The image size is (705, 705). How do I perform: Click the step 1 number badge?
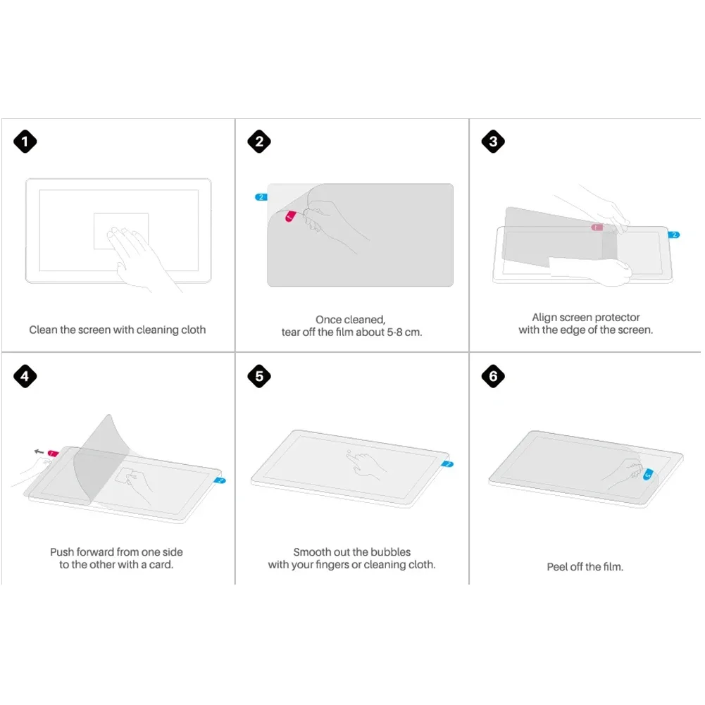25,142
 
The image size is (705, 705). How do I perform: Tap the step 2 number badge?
259,142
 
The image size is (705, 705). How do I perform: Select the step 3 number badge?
493,142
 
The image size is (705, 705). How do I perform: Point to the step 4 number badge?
25,376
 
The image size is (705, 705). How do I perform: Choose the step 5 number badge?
259,376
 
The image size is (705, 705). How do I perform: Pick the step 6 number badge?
493,376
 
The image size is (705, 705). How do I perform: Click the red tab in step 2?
290,216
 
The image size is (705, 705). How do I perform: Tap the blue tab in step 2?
261,197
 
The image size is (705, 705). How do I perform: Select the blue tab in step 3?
673,235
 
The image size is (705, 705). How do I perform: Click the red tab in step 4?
53,454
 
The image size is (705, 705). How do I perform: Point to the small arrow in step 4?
39,451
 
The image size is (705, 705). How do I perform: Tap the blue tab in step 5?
447,464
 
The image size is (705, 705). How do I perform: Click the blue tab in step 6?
648,474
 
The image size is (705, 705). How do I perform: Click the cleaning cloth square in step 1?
121,231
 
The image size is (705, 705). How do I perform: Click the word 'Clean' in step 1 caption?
43,330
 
